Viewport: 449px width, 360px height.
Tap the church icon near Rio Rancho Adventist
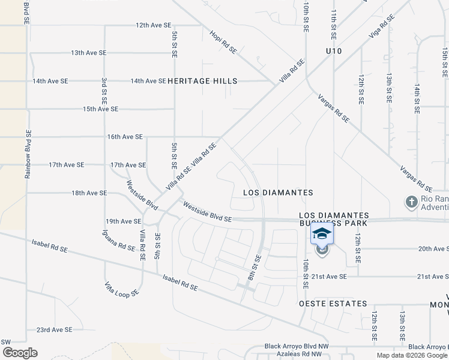411,202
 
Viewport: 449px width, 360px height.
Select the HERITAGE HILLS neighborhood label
202,81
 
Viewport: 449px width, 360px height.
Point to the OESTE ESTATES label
333,304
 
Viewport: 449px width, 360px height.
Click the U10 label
333,51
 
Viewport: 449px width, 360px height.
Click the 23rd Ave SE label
54,329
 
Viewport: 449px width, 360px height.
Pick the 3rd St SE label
104,95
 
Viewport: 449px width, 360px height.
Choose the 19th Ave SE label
123,221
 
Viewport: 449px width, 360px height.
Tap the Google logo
20,353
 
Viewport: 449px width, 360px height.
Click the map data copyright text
411,355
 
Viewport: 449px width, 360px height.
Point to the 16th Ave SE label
125,137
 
